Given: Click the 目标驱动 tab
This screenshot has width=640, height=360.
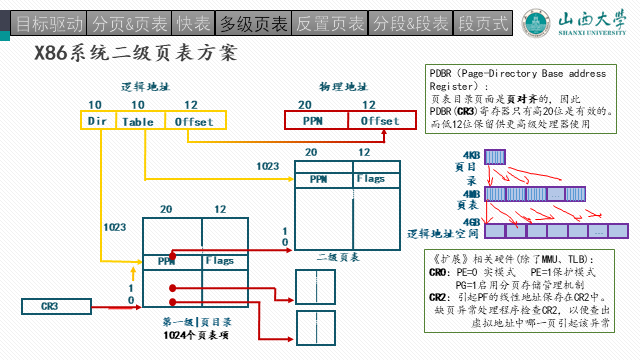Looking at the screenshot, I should coord(44,20).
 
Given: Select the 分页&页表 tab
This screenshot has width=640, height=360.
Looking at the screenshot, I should coord(130,20).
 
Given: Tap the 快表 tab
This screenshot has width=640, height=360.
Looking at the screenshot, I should coord(195,20).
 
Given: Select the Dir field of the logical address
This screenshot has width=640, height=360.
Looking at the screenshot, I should coord(97,121).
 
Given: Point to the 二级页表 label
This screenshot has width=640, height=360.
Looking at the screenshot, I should coord(340,256).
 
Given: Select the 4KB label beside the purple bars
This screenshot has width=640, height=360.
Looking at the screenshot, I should coord(470,155).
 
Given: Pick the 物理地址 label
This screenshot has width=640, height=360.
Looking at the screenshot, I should coord(343,87).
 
